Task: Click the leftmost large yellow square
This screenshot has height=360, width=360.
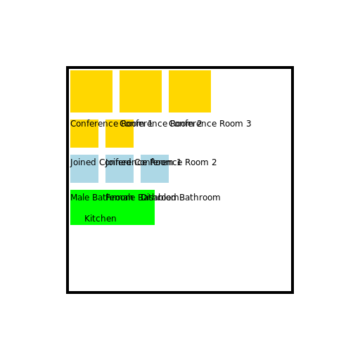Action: pos(91,91)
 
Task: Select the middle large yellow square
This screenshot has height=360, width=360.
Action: pos(141,91)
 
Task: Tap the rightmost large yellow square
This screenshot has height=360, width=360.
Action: pos(190,91)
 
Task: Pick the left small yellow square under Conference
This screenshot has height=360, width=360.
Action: pos(84,136)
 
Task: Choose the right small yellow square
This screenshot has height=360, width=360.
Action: pos(120,136)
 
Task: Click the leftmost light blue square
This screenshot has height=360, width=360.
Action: pos(84,172)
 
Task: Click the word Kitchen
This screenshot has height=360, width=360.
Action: pos(101,219)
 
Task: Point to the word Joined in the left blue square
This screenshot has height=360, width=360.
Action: pos(83,162)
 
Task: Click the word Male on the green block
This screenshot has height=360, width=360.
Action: pos(79,198)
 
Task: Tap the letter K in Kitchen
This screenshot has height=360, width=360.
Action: pos(87,219)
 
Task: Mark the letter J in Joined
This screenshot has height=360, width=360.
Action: pos(72,162)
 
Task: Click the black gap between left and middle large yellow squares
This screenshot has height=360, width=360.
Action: pos(116,91)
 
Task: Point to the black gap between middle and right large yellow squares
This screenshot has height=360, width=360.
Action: pos(165,91)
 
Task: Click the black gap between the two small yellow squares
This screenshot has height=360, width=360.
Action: pos(102,137)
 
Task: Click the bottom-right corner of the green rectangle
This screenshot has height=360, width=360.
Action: pos(153,224)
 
